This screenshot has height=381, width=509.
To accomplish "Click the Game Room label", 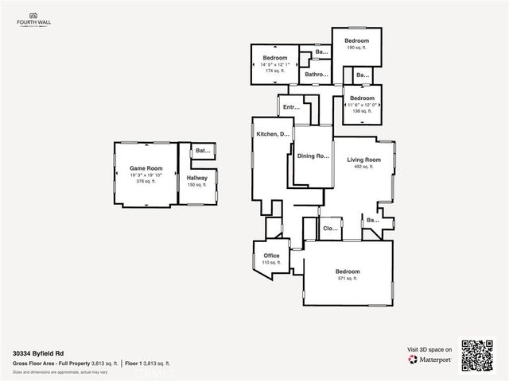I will coord(146,168).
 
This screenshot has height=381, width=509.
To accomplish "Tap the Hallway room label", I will coord(197,178).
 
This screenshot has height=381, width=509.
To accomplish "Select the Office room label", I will coord(271,256).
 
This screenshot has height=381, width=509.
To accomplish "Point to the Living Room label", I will coord(364,160).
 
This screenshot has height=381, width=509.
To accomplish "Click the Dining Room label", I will coord(313,156).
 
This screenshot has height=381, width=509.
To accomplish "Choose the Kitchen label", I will coord(271,134).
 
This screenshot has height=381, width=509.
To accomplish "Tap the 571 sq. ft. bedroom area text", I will coord(348,279).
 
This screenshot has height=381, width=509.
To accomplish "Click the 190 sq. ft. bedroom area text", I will coord(356,48).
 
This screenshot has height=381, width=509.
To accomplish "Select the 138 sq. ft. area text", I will coord(361,111).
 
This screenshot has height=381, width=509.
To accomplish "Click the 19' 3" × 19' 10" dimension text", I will coord(146,175).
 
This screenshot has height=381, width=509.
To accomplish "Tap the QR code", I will coord(479,354).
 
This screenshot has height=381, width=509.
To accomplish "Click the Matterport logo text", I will coord(437,360).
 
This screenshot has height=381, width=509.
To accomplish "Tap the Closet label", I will coord(330,229).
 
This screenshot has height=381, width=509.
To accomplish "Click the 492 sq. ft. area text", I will coord(364,167).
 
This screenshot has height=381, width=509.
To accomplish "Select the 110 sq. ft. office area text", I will coord(271,263).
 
